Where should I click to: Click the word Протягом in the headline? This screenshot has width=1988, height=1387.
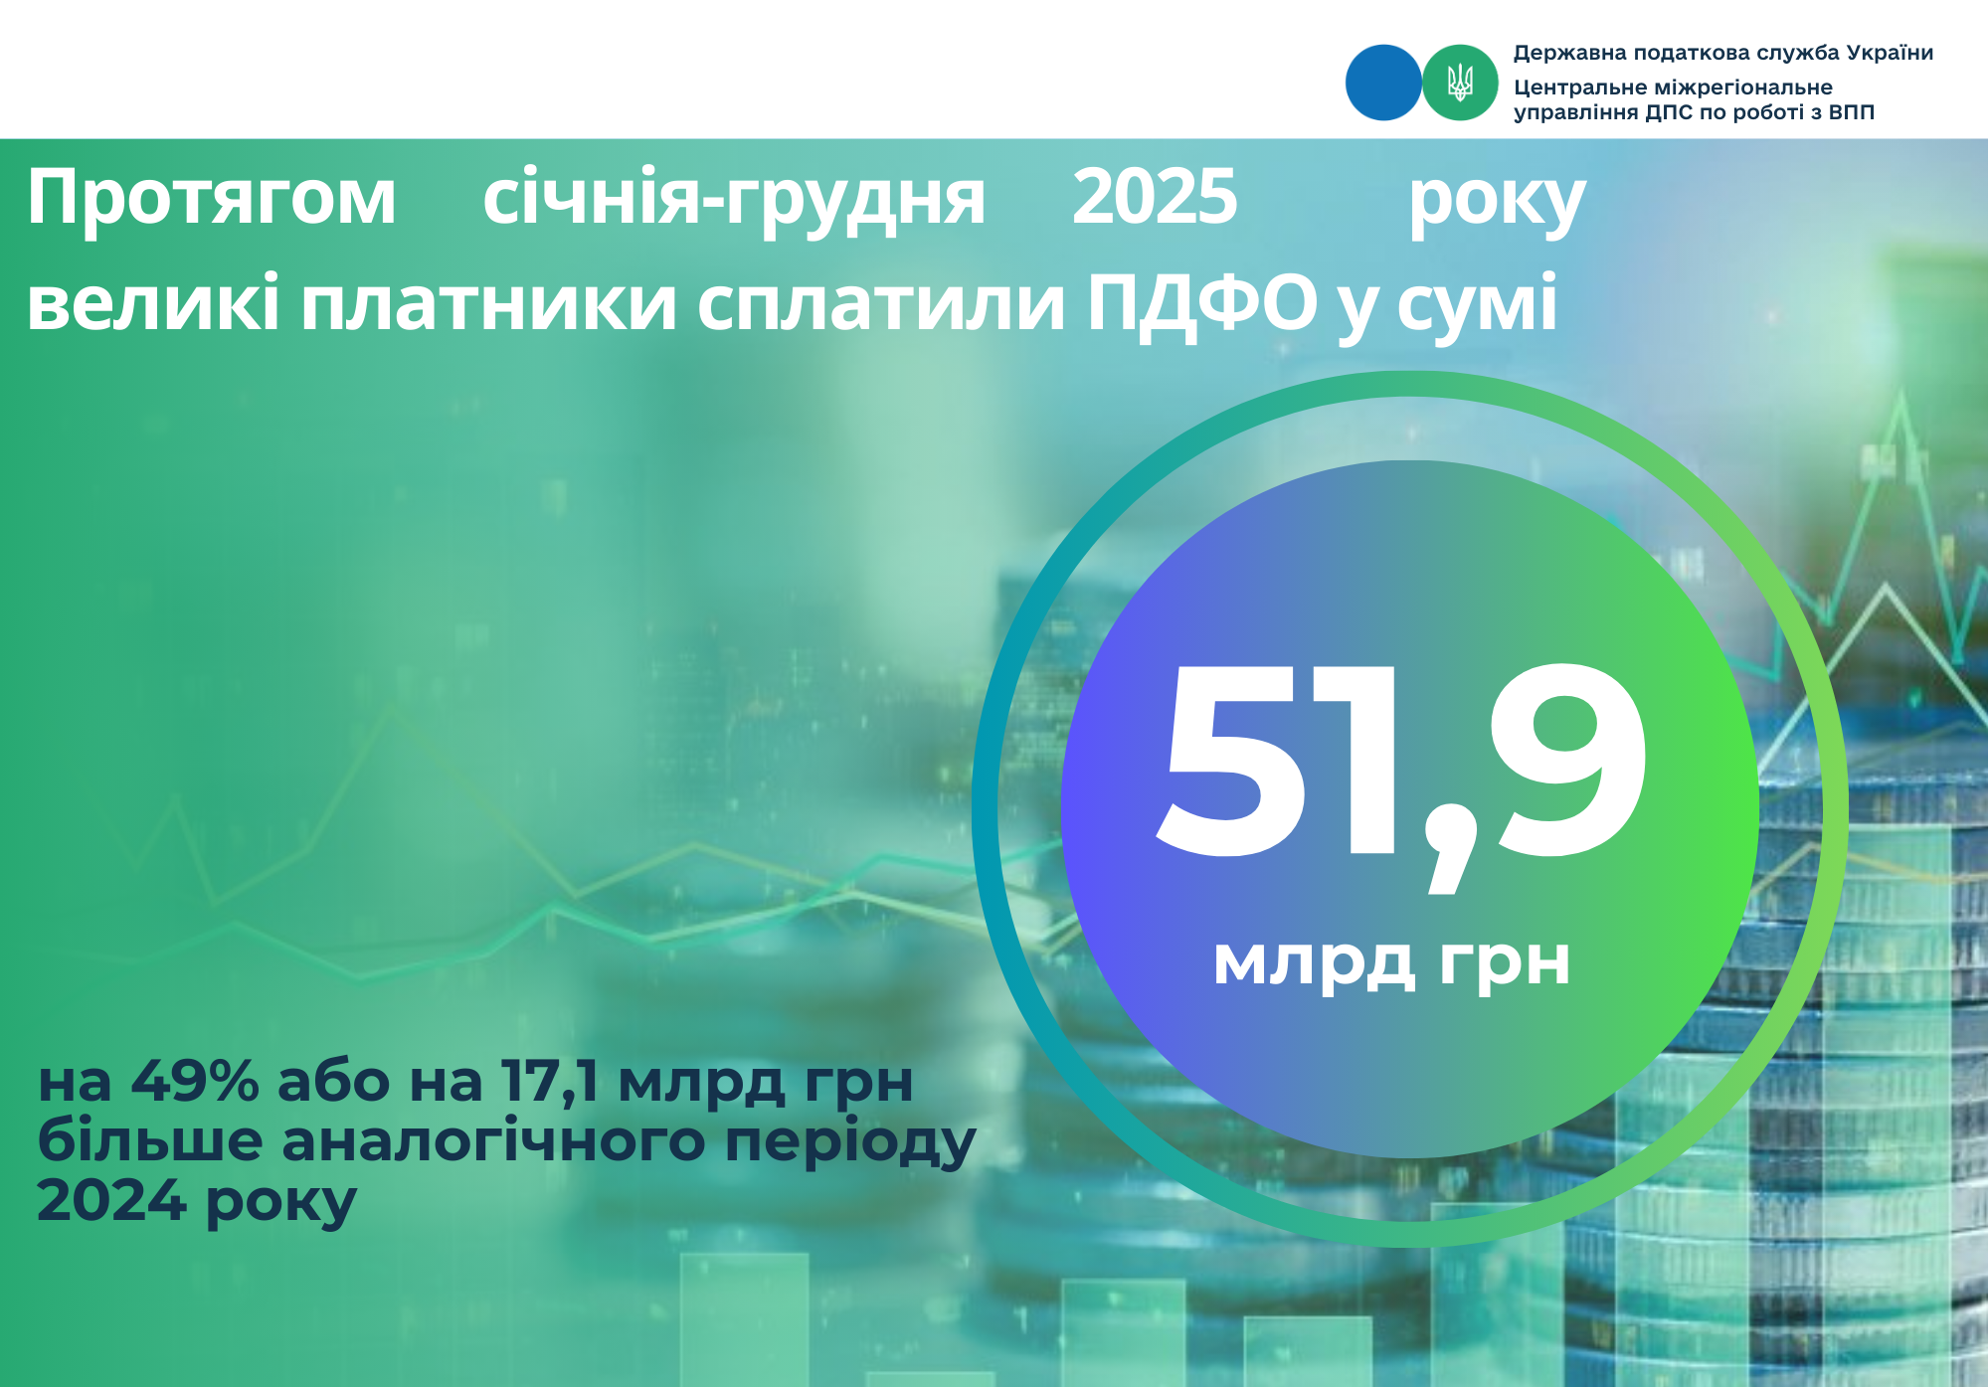[x=212, y=197]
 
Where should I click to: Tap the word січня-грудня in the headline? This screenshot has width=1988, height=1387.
[x=734, y=199]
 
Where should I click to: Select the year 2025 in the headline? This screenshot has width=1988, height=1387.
[x=1155, y=196]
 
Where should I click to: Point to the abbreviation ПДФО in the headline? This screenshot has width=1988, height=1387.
[x=1201, y=302]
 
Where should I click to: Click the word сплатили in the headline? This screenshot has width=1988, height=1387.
[x=882, y=303]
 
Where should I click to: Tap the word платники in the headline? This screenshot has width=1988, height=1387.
[x=489, y=303]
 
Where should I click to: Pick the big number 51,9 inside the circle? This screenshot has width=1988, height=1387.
[x=1403, y=766]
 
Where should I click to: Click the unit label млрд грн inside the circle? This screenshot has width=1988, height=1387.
[x=1391, y=960]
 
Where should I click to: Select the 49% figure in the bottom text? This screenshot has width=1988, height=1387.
[x=195, y=1081]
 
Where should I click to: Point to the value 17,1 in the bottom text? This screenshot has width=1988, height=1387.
[x=551, y=1082]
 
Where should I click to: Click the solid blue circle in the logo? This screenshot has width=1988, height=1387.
[x=1383, y=83]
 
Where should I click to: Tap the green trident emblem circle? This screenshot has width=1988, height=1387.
[x=1460, y=83]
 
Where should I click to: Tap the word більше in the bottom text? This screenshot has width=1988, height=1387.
[x=150, y=1141]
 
